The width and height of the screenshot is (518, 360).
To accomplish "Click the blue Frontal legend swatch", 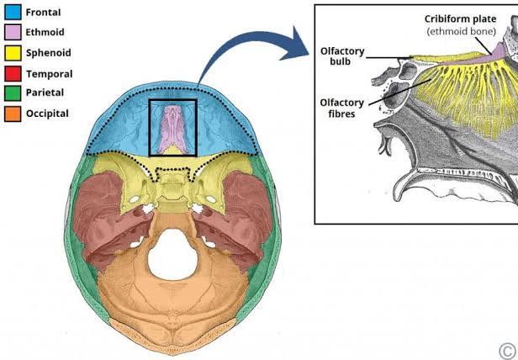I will (13, 13).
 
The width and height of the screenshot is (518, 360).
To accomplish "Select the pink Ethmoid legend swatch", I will (13, 33).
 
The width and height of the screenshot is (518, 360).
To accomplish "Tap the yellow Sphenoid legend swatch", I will (13, 53).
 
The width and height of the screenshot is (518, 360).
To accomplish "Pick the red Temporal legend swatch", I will (13, 74).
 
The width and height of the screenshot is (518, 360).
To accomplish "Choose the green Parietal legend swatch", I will (13, 93).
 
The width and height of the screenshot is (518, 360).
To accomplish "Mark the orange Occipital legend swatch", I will (13, 114).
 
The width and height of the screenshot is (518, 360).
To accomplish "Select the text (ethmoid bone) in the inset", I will (460, 33).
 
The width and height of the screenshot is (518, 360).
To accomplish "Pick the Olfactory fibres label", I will (341, 108).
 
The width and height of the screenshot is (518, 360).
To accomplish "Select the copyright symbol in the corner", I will (506, 349).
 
